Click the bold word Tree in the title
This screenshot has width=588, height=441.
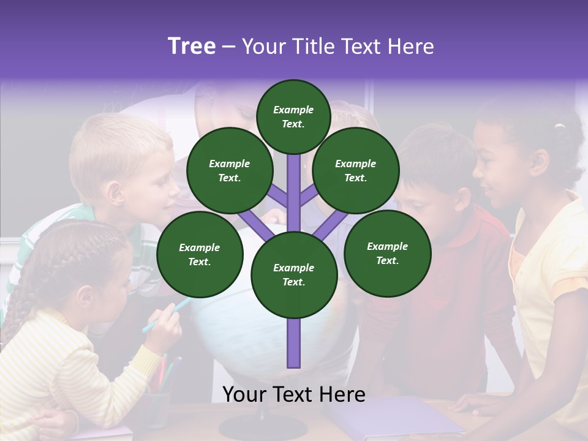[x=192, y=46]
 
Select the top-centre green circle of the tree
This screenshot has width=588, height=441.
[x=293, y=116]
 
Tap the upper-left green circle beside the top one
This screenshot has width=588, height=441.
[x=230, y=170]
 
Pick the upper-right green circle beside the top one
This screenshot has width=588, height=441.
[x=356, y=170]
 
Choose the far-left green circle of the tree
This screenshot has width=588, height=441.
[x=200, y=254]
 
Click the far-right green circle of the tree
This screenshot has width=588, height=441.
[x=387, y=253]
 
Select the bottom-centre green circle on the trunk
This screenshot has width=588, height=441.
[x=294, y=275]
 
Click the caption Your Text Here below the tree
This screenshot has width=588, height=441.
[x=294, y=395]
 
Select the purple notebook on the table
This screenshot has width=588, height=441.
[x=392, y=417]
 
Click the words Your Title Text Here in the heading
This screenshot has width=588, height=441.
[x=338, y=47]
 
